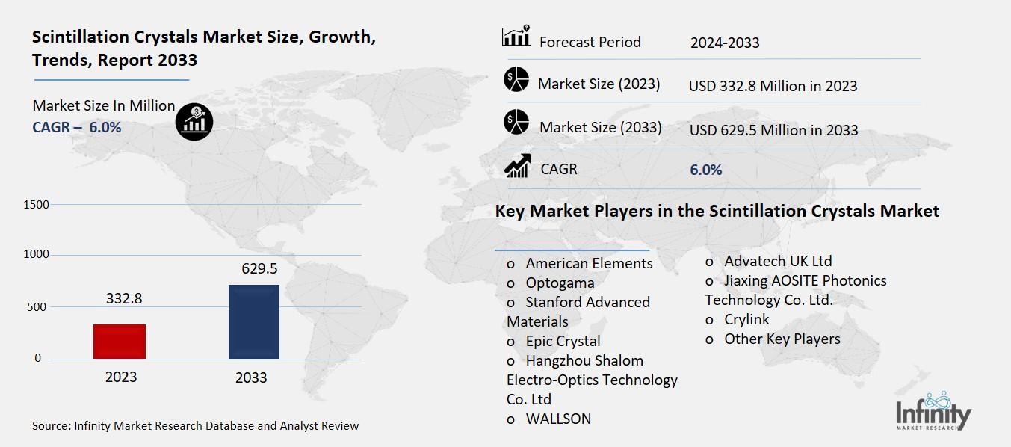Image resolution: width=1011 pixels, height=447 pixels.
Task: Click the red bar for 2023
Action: point(120,342)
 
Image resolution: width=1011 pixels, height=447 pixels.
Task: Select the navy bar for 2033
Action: point(254,321)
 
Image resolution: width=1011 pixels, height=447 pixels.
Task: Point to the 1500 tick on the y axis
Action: point(37,205)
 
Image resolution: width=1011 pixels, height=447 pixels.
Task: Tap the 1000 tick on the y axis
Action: point(37,255)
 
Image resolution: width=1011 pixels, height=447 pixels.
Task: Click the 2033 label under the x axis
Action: point(251,377)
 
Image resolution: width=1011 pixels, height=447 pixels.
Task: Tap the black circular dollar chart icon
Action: point(194,121)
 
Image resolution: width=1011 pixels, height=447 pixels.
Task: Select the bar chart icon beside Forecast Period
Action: point(516,37)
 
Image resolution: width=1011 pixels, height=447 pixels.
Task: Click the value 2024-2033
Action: point(724,43)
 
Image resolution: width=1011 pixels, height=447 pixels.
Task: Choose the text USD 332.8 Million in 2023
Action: point(773,86)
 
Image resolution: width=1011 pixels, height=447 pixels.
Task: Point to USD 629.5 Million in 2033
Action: point(773,130)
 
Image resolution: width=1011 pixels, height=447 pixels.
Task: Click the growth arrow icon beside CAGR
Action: point(516,167)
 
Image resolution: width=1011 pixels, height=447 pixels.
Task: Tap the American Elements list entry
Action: point(588,263)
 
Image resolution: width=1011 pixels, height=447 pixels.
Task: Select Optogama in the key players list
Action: point(560,283)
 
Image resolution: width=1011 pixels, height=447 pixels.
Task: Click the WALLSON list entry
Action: point(557,419)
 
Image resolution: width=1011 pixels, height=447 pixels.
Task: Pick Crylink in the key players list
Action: point(746,319)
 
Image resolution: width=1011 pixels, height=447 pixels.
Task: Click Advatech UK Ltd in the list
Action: point(777,261)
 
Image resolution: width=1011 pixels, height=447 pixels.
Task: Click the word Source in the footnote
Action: point(50,426)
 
